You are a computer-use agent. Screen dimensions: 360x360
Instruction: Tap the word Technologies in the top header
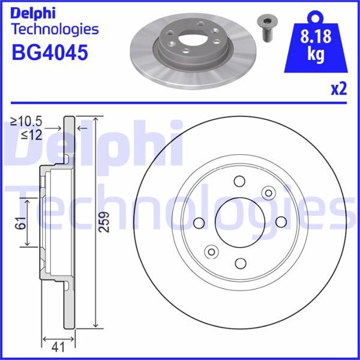(x=55, y=29)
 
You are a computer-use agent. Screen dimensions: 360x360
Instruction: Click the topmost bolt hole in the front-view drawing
(x=239, y=181)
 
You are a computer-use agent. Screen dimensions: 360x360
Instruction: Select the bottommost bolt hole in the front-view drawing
(x=239, y=263)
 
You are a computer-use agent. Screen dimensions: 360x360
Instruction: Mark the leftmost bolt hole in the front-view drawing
(x=199, y=223)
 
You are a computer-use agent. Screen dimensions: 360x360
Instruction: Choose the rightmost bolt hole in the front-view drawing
(x=280, y=223)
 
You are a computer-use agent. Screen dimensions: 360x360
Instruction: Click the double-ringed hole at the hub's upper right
(x=268, y=193)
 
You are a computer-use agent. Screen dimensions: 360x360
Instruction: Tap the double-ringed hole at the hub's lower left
(x=211, y=251)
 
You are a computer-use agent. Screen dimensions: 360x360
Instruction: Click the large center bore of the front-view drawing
(x=239, y=223)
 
